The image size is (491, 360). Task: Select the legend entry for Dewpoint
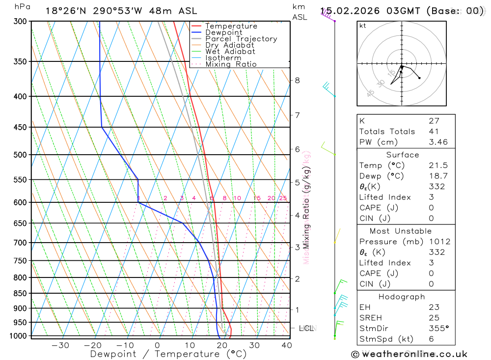point(223,32)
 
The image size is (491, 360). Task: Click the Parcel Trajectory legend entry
point(241,39)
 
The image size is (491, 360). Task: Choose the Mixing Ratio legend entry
point(231,64)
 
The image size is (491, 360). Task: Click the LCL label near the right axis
point(306,328)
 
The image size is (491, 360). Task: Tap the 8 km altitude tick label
point(297,80)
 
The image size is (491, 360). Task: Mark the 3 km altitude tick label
point(297,247)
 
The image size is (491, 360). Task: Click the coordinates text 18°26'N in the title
point(67,11)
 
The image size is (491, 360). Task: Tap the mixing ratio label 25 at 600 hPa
point(283,198)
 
